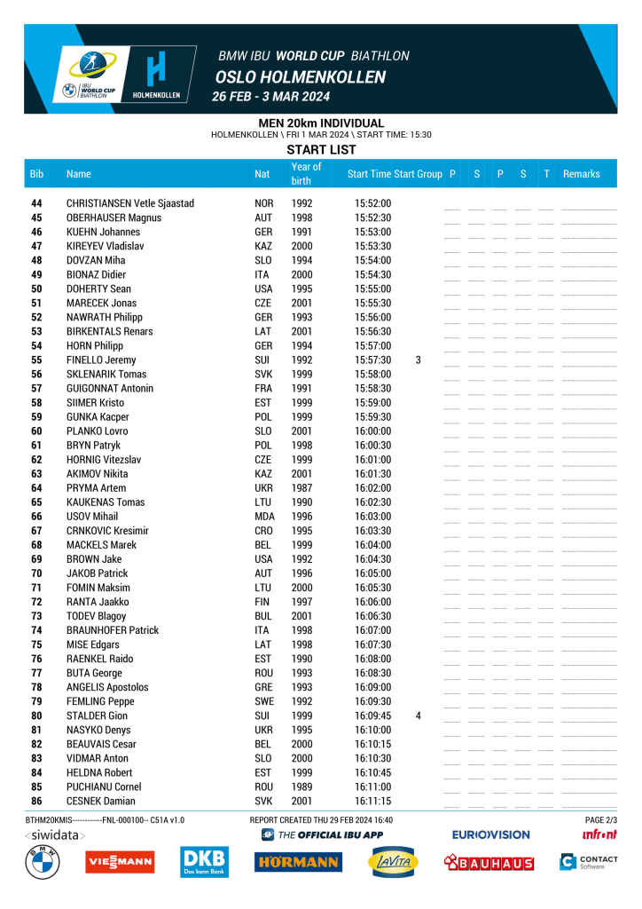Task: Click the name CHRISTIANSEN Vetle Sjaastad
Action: click(x=130, y=203)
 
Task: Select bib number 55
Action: click(x=36, y=360)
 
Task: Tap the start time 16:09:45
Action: click(x=372, y=715)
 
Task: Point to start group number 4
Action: click(x=418, y=715)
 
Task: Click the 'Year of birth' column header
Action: click(x=306, y=174)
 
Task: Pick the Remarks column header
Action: click(x=581, y=174)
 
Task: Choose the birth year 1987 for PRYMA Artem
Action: click(x=301, y=488)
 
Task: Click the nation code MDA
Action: click(x=263, y=517)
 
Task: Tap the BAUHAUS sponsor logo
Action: click(x=489, y=862)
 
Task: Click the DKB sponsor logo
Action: click(x=203, y=862)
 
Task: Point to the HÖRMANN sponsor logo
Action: click(x=297, y=862)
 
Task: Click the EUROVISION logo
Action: click(x=490, y=834)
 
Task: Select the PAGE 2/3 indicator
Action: click(x=600, y=819)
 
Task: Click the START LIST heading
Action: click(x=321, y=150)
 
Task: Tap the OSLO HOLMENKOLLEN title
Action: click(x=300, y=77)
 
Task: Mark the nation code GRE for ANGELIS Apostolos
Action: click(x=263, y=687)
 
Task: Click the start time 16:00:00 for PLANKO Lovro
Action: click(x=372, y=431)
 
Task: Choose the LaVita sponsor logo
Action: click(x=393, y=862)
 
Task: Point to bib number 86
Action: click(x=36, y=801)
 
